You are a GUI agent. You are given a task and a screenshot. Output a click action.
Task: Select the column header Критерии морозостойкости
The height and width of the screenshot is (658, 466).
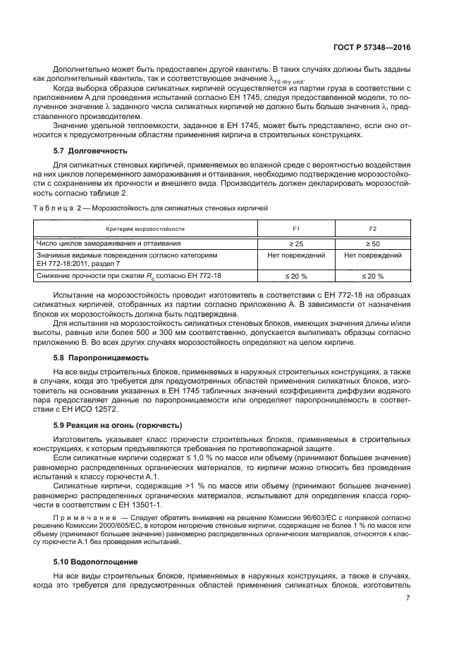click(145, 229)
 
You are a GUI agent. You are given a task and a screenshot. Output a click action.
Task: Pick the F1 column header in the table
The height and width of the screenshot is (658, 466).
click(296, 229)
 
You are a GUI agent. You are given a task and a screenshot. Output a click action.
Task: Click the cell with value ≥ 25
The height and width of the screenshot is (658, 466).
click(296, 243)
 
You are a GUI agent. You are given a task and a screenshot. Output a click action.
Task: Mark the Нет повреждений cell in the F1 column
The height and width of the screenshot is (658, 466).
click(296, 256)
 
